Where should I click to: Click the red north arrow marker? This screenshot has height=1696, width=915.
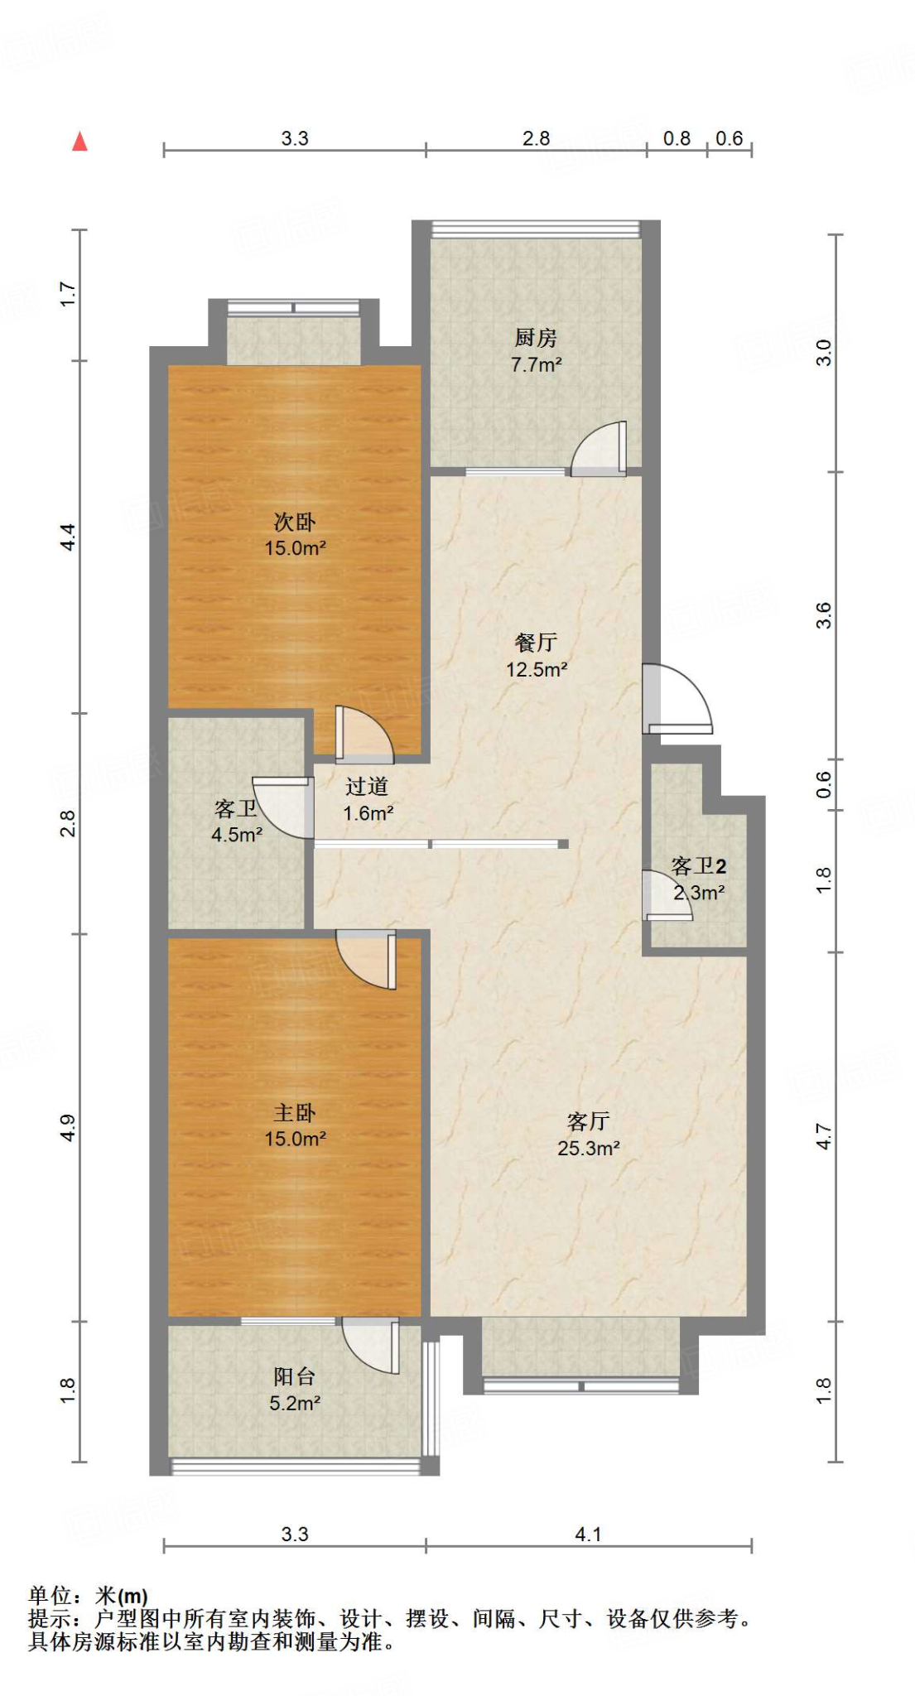(x=79, y=142)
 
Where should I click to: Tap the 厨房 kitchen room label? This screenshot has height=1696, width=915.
(x=536, y=338)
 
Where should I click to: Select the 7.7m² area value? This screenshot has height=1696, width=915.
(x=536, y=364)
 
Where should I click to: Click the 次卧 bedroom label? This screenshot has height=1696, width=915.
(x=295, y=522)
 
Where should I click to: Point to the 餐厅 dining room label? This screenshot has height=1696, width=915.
(x=536, y=642)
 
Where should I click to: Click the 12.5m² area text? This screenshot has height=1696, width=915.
(x=536, y=669)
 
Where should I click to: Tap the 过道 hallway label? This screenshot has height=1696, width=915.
(x=367, y=786)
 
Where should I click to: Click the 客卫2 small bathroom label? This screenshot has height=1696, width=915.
(x=699, y=866)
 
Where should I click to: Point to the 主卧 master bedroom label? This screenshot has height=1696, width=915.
(x=295, y=1113)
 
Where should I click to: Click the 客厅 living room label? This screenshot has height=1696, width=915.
(x=588, y=1121)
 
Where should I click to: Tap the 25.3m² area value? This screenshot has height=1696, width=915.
(x=588, y=1148)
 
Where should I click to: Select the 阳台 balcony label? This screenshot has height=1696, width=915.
(x=295, y=1376)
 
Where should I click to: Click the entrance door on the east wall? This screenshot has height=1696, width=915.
(x=677, y=700)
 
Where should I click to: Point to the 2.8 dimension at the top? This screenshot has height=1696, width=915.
(x=536, y=138)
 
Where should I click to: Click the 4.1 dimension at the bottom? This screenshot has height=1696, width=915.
(x=588, y=1535)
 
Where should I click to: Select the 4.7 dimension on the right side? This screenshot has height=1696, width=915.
(x=823, y=1136)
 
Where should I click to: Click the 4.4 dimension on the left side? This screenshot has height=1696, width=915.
(x=69, y=537)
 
